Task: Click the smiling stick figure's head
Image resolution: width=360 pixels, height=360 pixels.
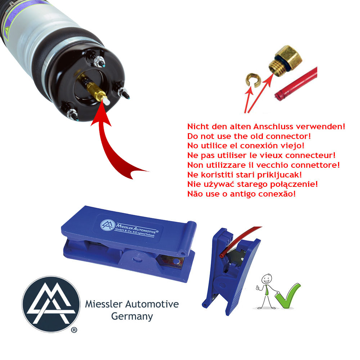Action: pyautogui.click(x=267, y=279)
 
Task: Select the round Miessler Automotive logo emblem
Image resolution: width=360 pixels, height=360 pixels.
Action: pyautogui.click(x=51, y=304)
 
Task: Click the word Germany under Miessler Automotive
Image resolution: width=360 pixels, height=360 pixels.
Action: pyautogui.click(x=132, y=316)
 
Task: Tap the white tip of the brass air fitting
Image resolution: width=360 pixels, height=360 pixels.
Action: pyautogui.click(x=106, y=101)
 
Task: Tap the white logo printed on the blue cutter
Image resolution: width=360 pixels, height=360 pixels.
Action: pyautogui.click(x=108, y=225)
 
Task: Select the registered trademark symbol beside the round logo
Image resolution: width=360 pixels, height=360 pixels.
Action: pyautogui.click(x=74, y=330)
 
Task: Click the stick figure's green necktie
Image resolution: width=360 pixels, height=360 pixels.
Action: pyautogui.click(x=267, y=290)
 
